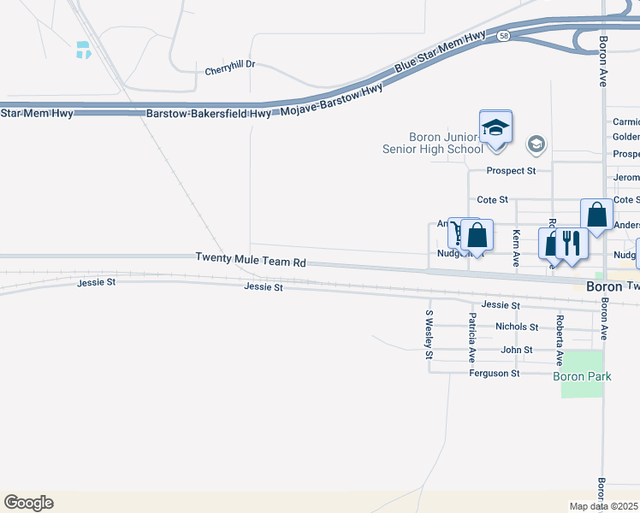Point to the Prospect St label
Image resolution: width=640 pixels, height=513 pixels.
point(511,171)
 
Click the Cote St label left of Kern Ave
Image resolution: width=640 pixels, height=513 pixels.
point(492,199)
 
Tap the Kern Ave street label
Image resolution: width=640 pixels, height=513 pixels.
point(516,249)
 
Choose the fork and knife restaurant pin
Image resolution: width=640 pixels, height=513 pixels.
point(572,245)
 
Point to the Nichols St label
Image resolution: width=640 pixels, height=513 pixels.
point(516,327)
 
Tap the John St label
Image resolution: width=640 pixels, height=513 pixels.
point(516,350)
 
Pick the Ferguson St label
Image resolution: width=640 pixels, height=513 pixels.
point(494,374)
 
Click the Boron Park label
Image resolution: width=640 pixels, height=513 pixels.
point(581,376)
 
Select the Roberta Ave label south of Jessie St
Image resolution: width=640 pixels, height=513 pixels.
point(560,340)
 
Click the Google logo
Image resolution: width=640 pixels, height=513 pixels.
point(28,502)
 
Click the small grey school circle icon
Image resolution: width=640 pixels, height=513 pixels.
point(536,144)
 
